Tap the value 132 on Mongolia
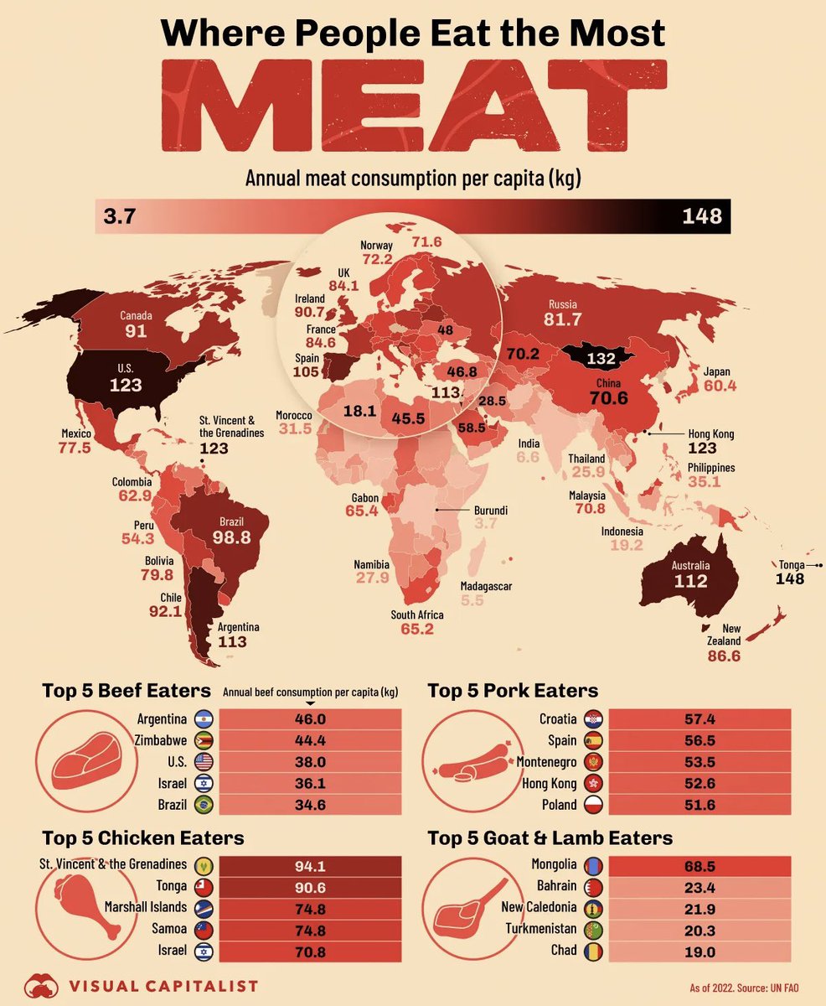[x=601, y=359]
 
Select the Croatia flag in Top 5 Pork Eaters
[x=593, y=719]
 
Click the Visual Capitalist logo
[x=142, y=986]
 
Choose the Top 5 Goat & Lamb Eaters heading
[x=550, y=838]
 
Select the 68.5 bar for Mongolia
[x=700, y=865]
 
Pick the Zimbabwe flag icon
[x=204, y=741]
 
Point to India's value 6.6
[x=528, y=458]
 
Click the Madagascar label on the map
[x=486, y=587]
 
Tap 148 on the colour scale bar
[x=701, y=216]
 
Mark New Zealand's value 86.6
[x=724, y=656]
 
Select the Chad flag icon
[x=593, y=952]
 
